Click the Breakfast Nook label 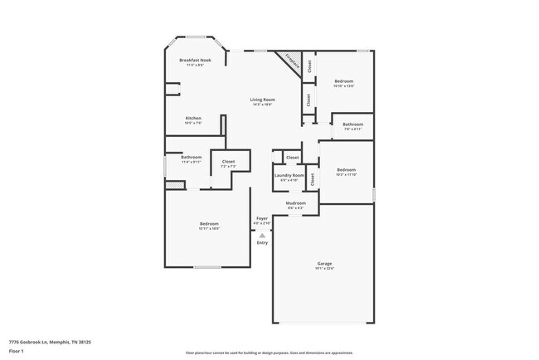(195, 61)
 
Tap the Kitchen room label (193, 119)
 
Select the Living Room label (263, 100)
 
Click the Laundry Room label (289, 175)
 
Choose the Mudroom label (296, 203)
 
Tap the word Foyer (262, 218)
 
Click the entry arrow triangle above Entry (262, 236)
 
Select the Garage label (323, 264)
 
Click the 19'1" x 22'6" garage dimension (323, 269)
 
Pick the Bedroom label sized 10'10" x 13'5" (343, 81)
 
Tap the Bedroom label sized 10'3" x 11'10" (346, 170)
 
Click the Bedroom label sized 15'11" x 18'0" (208, 224)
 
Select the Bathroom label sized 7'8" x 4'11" (352, 124)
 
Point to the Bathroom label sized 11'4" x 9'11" (192, 157)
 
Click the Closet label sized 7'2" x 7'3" (228, 162)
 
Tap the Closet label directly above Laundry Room (292, 158)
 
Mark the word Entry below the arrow (262, 242)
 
